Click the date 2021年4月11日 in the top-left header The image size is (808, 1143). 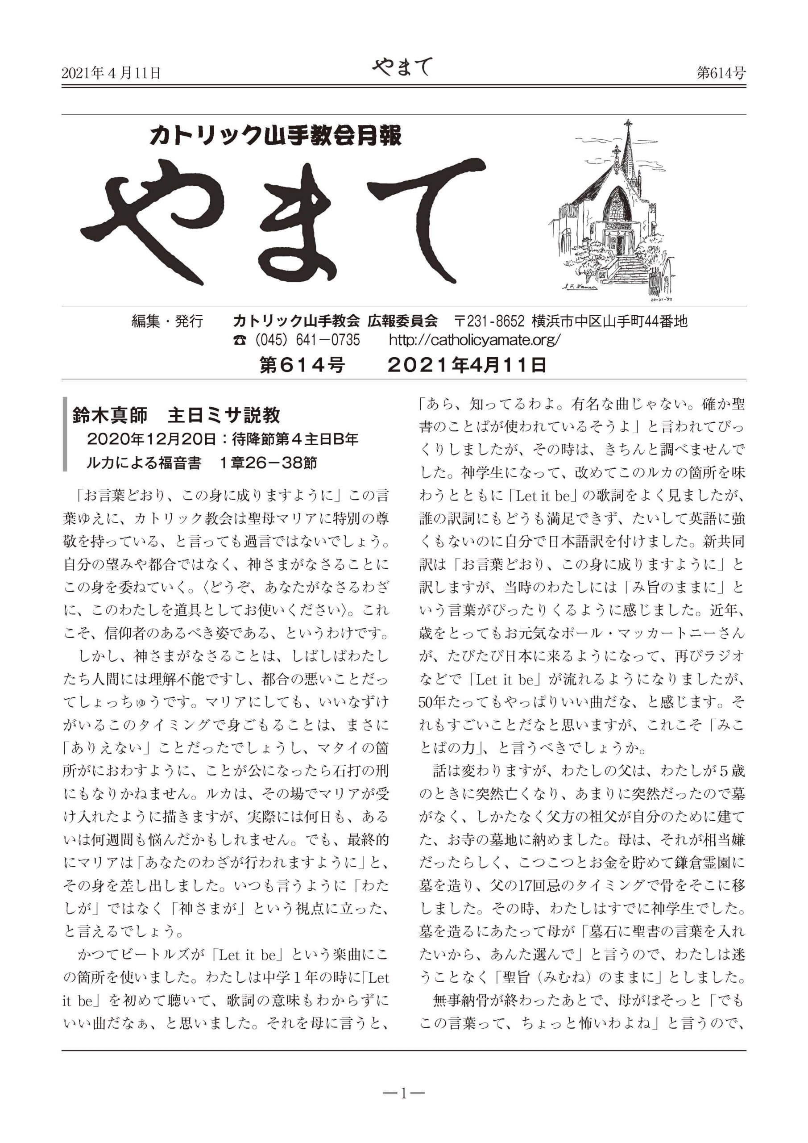[x=111, y=74]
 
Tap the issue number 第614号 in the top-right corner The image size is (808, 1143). [x=721, y=74]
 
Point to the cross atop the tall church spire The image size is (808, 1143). [x=628, y=125]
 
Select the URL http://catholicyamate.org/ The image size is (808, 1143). [x=475, y=340]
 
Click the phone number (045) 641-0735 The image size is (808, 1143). [x=296, y=340]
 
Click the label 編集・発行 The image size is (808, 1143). [x=167, y=321]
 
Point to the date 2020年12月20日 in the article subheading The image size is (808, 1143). [x=152, y=439]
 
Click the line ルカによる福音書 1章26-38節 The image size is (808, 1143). [x=202, y=463]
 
